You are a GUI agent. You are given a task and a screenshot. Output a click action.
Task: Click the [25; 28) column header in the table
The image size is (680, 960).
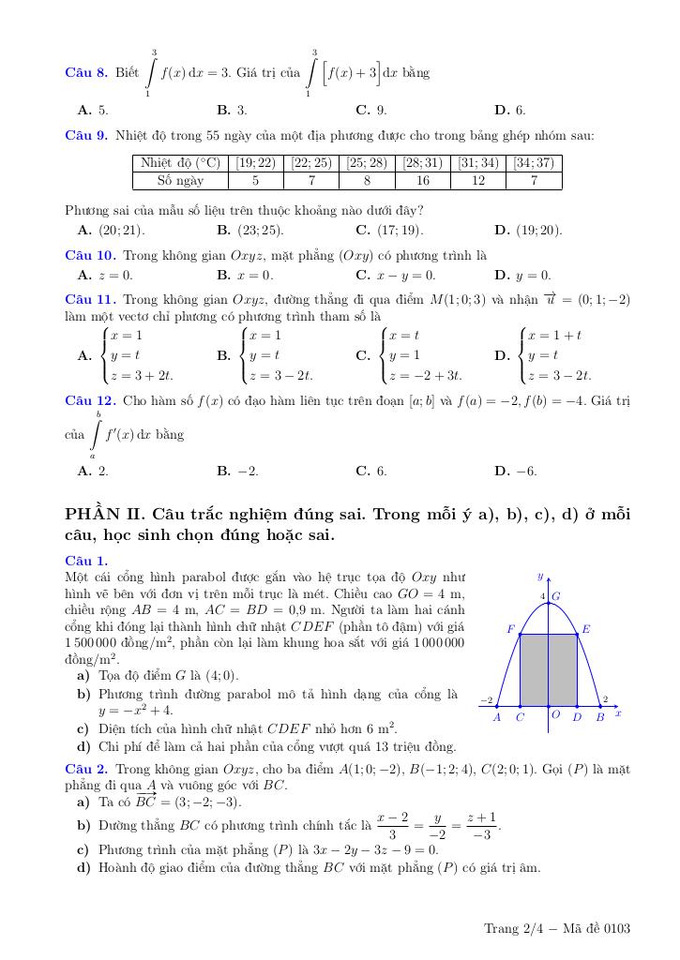coord(367,162)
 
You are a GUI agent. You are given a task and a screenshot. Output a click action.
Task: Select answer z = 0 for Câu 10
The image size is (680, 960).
coord(116,276)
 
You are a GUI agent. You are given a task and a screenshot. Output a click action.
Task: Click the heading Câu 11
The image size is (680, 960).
coord(90,300)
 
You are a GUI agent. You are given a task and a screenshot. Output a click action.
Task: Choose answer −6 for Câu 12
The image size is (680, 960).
coord(528,471)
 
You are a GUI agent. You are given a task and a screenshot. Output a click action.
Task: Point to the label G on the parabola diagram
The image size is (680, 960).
coord(556,595)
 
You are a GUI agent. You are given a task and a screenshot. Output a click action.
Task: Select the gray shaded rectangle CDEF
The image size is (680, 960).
coord(548,669)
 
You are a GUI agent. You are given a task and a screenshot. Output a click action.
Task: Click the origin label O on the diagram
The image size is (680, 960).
coord(555,715)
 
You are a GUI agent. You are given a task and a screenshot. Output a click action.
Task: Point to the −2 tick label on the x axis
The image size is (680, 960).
coord(486,699)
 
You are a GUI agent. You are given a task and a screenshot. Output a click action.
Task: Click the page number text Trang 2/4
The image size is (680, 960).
coord(510,929)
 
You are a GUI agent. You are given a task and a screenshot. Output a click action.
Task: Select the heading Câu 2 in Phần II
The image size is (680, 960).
coord(86,768)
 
